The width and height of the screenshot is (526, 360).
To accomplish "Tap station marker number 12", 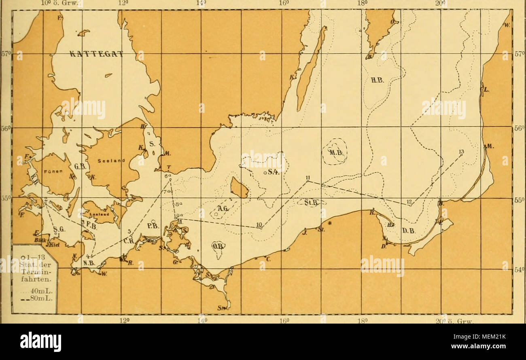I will pos(410,205).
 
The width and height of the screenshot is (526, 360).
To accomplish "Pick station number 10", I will pos(261,228).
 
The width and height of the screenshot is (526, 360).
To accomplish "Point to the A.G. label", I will pos(223,208).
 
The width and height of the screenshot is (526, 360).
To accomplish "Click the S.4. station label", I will pos(272,172).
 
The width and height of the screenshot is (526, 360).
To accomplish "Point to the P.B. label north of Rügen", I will pos(153,225).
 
